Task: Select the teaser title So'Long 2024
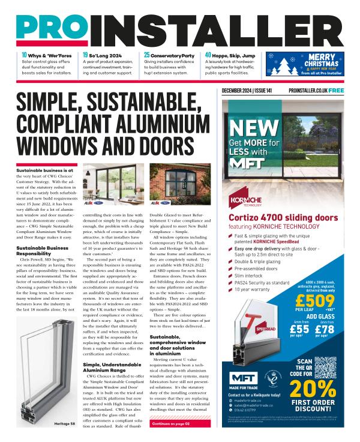(107, 55)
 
